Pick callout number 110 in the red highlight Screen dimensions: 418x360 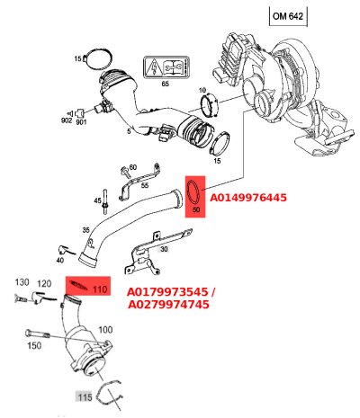(x=100, y=289)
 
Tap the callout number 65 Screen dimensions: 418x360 (x=165, y=84)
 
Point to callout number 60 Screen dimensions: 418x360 (x=132, y=167)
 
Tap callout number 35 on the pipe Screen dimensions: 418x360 (x=86, y=230)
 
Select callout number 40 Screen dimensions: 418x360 (x=58, y=261)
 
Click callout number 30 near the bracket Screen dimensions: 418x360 (x=164, y=249)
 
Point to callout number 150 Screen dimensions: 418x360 (x=35, y=345)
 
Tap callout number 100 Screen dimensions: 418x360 (x=105, y=331)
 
